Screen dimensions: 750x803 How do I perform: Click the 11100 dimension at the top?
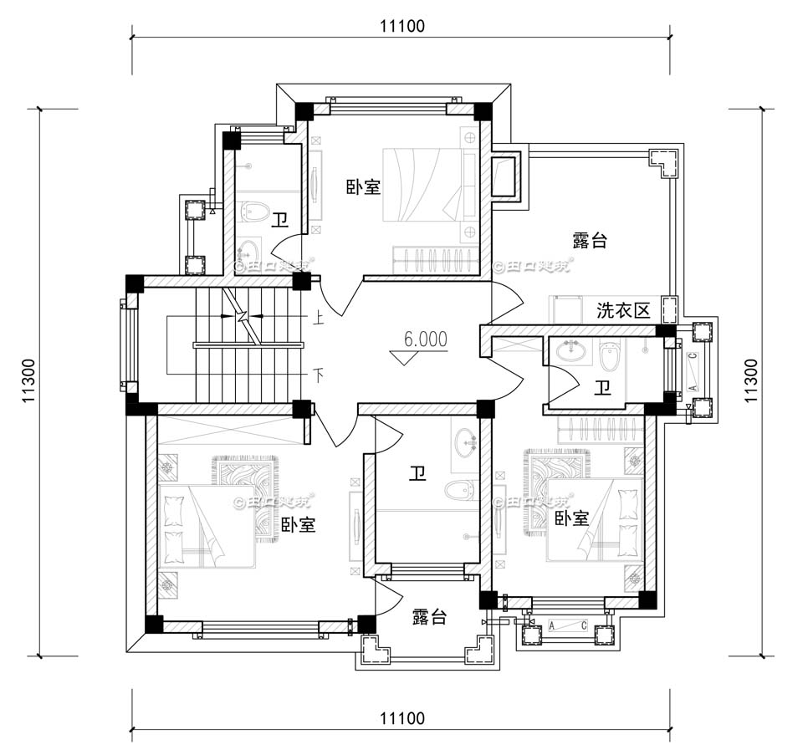click(401, 26)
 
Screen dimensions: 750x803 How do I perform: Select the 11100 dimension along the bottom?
click(401, 718)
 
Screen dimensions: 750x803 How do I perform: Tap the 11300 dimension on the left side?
click(28, 381)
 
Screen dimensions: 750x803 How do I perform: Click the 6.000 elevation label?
click(425, 339)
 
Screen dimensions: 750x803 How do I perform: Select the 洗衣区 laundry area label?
click(623, 311)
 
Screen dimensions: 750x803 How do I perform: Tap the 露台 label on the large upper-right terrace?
click(590, 241)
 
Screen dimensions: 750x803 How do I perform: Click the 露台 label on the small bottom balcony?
click(429, 617)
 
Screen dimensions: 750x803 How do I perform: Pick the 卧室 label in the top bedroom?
click(364, 187)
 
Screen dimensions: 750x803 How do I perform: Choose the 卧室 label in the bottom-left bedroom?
click(298, 525)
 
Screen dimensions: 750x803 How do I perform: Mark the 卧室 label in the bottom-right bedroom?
click(571, 519)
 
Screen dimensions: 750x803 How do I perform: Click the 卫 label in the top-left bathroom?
click(279, 221)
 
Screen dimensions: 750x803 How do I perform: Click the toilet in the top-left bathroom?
click(252, 212)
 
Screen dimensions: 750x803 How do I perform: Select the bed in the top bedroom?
click(422, 185)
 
